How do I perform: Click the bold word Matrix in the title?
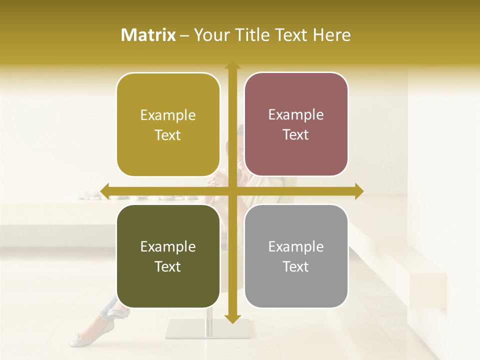(x=148, y=35)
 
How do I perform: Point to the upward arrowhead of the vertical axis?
(x=232, y=66)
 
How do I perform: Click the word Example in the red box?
(x=296, y=115)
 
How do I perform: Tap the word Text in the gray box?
(x=296, y=266)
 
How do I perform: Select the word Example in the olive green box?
(x=168, y=247)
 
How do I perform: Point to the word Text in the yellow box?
(x=168, y=135)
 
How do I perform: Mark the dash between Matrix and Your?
(x=185, y=35)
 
